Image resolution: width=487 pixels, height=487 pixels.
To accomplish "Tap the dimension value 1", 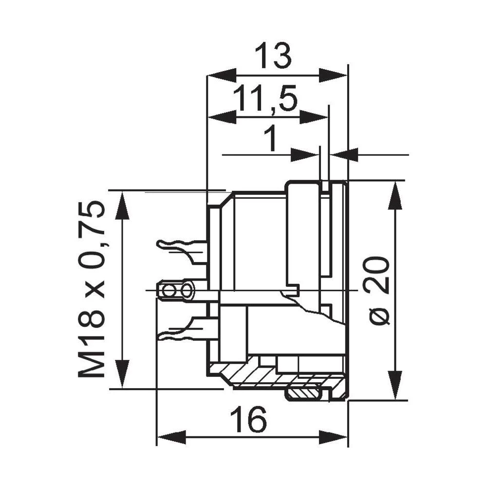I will coord(270,139).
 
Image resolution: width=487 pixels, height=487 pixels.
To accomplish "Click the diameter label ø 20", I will coord(378,290).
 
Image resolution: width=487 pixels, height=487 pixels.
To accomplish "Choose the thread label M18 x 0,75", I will coord(92,289).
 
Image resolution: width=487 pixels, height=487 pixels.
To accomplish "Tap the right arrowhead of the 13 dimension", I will coord(334,75).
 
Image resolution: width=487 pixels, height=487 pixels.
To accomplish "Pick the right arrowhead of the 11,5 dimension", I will coord(314,117).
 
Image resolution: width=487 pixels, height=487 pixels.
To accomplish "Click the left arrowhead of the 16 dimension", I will coord(170,436).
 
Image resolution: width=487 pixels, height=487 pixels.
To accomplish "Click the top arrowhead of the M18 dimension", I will coord(122,205).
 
